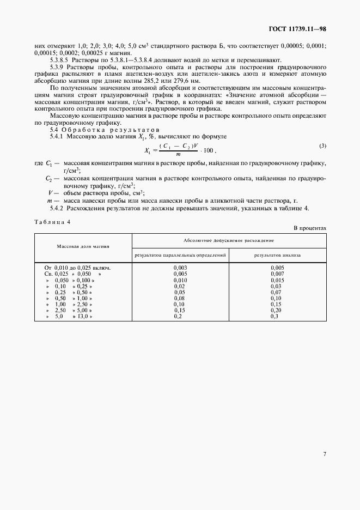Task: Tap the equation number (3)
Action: pyautogui.click(x=322, y=145)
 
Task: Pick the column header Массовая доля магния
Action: pyautogui.click(x=83, y=246)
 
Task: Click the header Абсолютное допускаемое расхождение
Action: pyautogui.click(x=229, y=240)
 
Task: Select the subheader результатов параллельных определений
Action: pyautogui.click(x=180, y=254)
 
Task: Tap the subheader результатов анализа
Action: pyautogui.click(x=277, y=254)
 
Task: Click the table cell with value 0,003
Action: pyautogui.click(x=180, y=268)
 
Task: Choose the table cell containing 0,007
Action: pyautogui.click(x=277, y=274)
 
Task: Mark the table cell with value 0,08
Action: pyautogui.click(x=180, y=298)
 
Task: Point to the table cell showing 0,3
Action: pyautogui.click(x=277, y=316)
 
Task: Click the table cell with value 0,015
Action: pyautogui.click(x=277, y=280)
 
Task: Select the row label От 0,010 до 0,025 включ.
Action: pyautogui.click(x=77, y=268)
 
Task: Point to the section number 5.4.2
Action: pyautogui.click(x=57, y=208)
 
